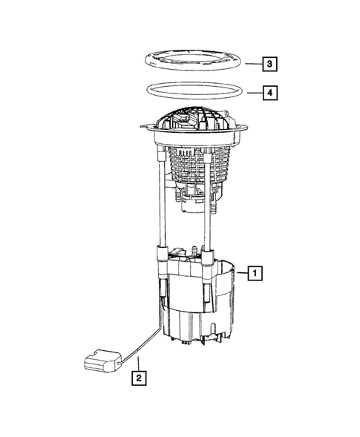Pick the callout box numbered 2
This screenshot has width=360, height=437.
tap(138, 378)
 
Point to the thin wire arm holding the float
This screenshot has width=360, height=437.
tap(141, 344)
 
